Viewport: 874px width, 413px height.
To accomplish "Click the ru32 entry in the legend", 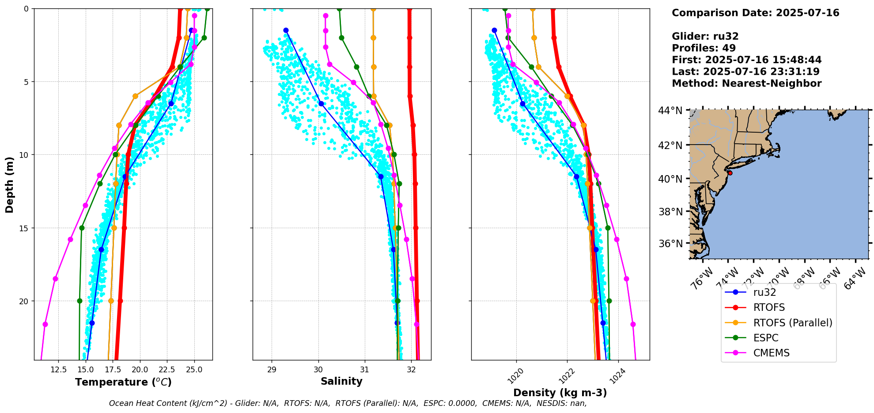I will (x=764, y=292).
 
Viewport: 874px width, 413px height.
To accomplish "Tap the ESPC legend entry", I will (x=766, y=338).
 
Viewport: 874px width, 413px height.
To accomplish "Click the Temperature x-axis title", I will (x=123, y=382).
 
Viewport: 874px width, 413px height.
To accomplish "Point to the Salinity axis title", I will (x=341, y=381).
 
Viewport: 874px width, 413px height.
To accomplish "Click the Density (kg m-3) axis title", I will (x=560, y=393).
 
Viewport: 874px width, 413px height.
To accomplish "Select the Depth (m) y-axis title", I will (x=10, y=185).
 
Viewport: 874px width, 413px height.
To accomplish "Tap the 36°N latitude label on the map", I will (x=670, y=244).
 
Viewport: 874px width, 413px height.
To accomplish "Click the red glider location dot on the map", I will (x=730, y=173).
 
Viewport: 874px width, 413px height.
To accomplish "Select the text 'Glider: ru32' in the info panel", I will (x=705, y=36).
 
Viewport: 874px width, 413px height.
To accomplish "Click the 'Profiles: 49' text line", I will (x=704, y=48).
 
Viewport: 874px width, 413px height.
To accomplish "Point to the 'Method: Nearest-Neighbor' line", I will (x=746, y=84).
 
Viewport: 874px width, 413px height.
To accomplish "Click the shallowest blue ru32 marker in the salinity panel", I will (x=286, y=31).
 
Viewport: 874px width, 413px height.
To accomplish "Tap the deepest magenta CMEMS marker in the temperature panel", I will (x=45, y=324).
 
